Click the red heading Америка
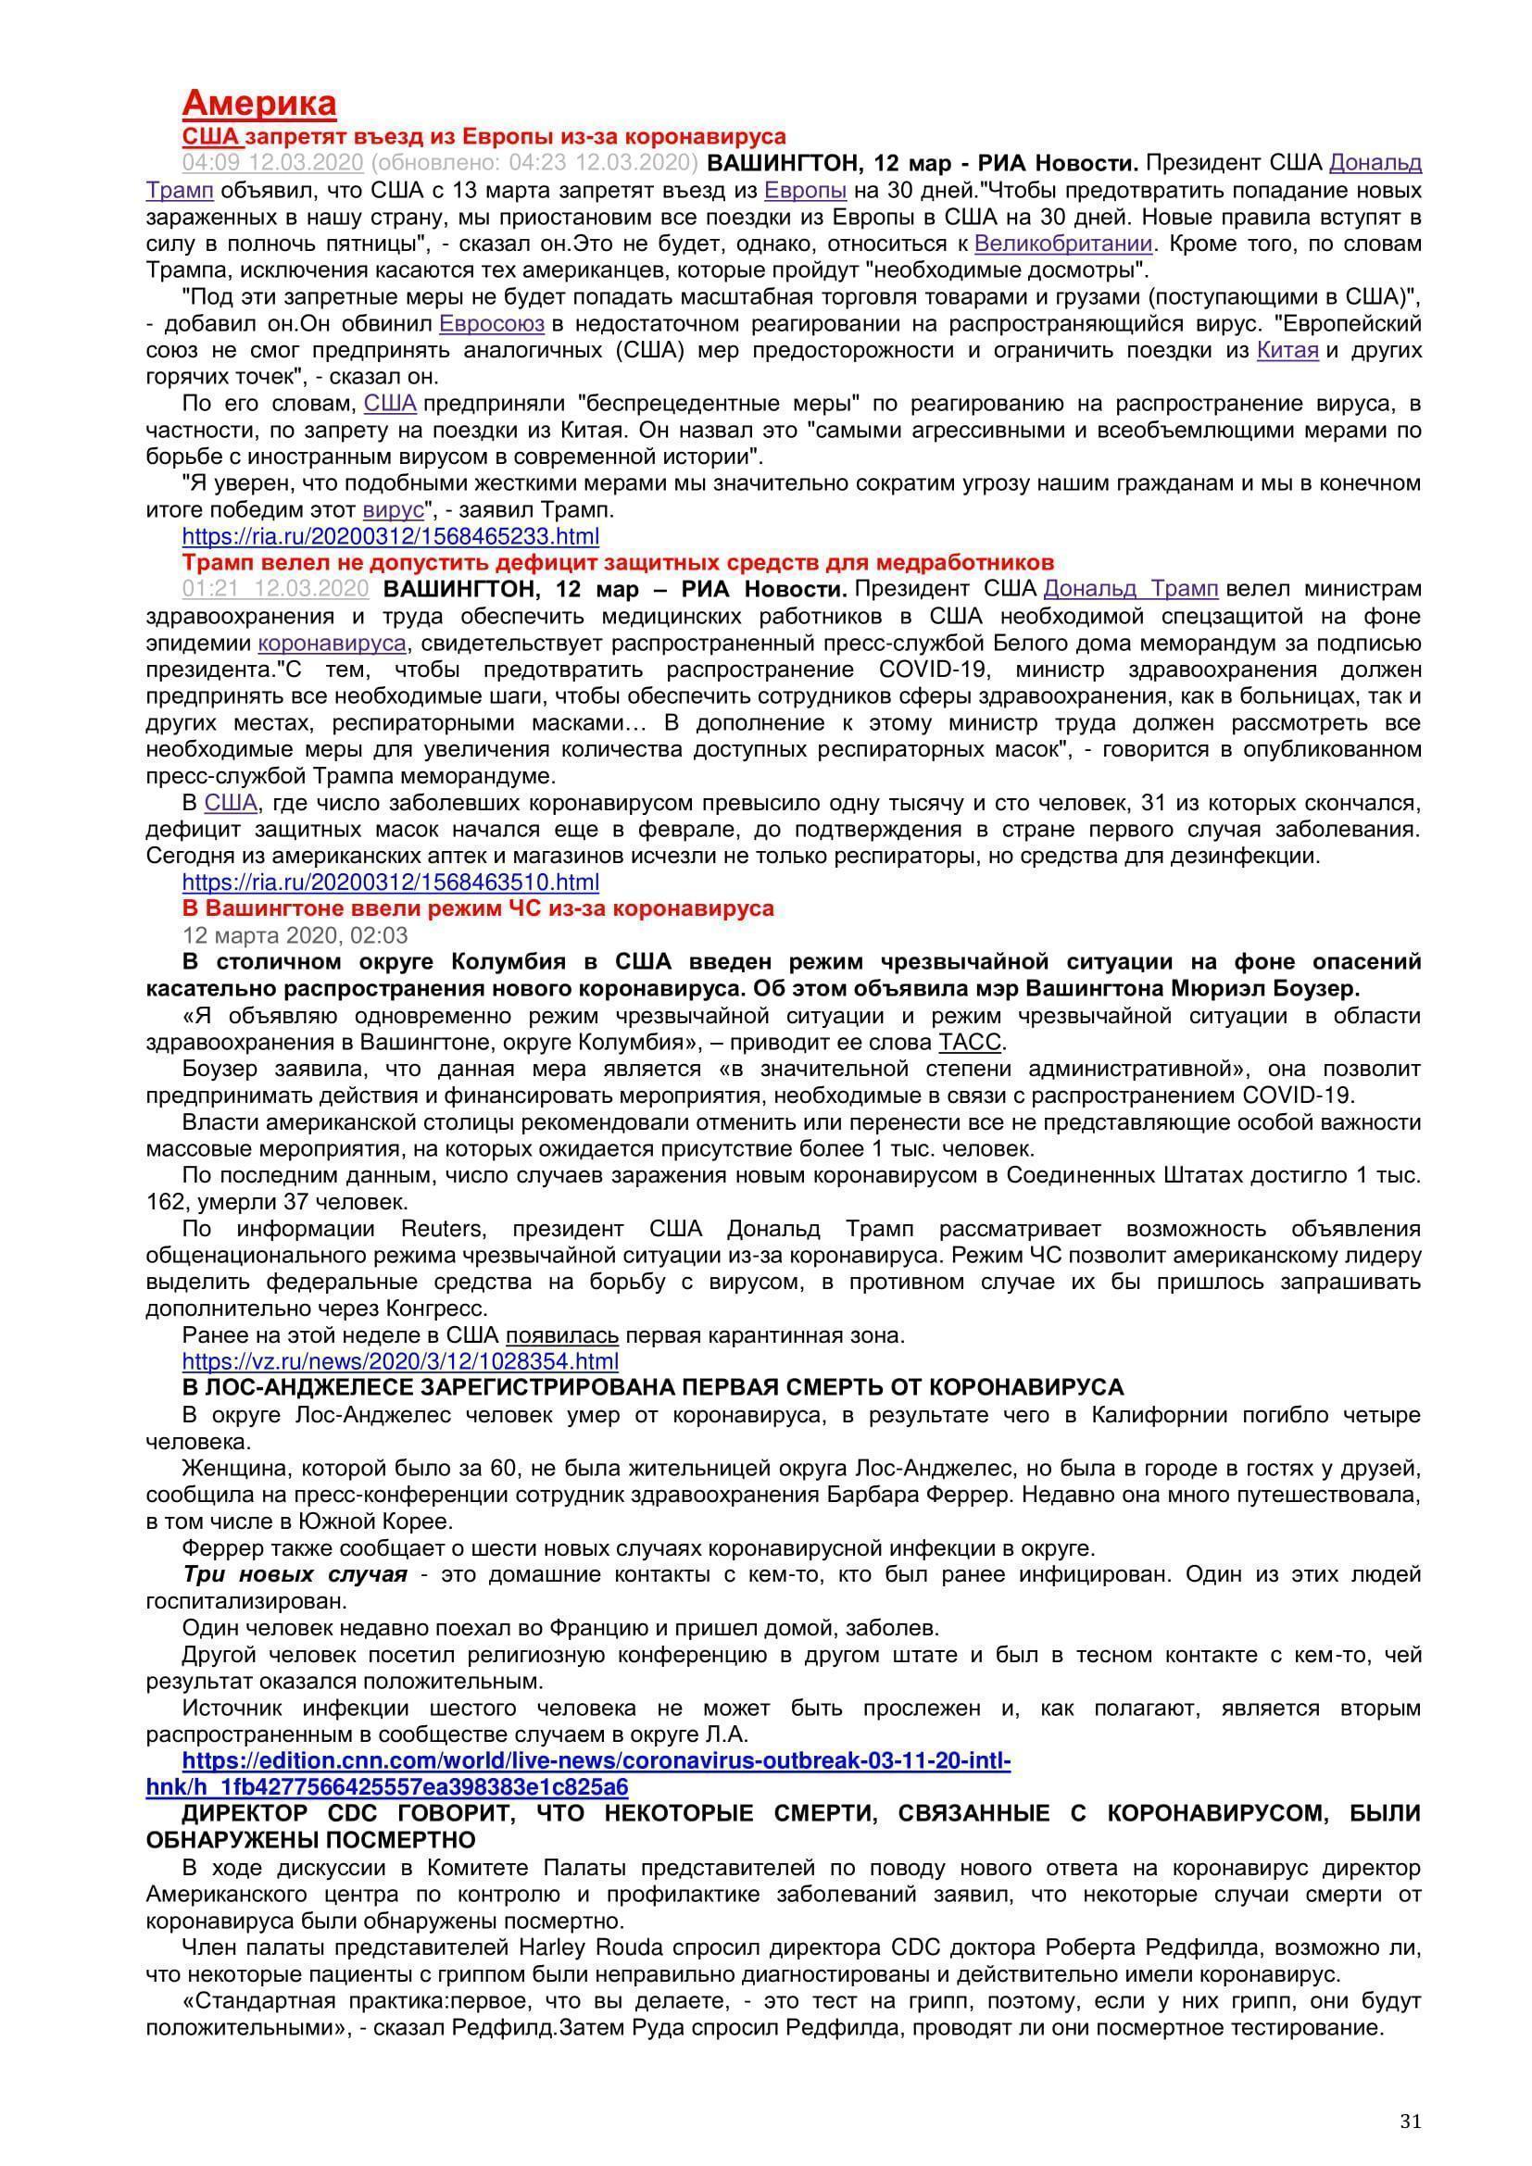258,103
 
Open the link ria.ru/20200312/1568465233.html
391,537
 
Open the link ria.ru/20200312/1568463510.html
391,883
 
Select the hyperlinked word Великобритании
1063,244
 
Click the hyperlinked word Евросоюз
492,324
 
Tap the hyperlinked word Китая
1287,351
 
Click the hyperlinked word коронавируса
333,644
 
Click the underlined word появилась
562,1336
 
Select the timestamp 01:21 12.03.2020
275,590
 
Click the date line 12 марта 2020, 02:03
295,936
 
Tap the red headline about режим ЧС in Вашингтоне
477,908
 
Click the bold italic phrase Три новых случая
295,1574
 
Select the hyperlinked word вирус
394,510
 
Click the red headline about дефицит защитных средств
618,563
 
